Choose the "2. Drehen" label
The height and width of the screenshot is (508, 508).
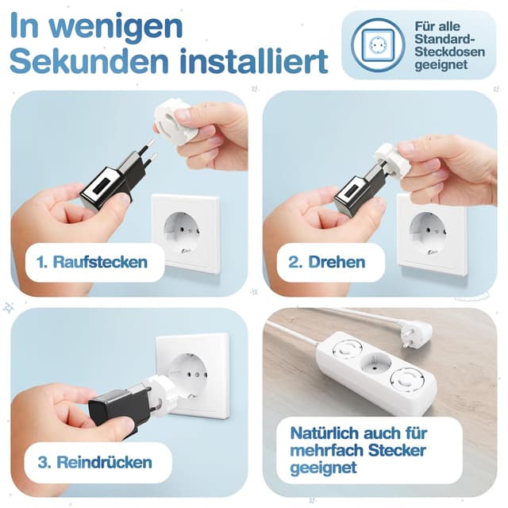click(x=327, y=261)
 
